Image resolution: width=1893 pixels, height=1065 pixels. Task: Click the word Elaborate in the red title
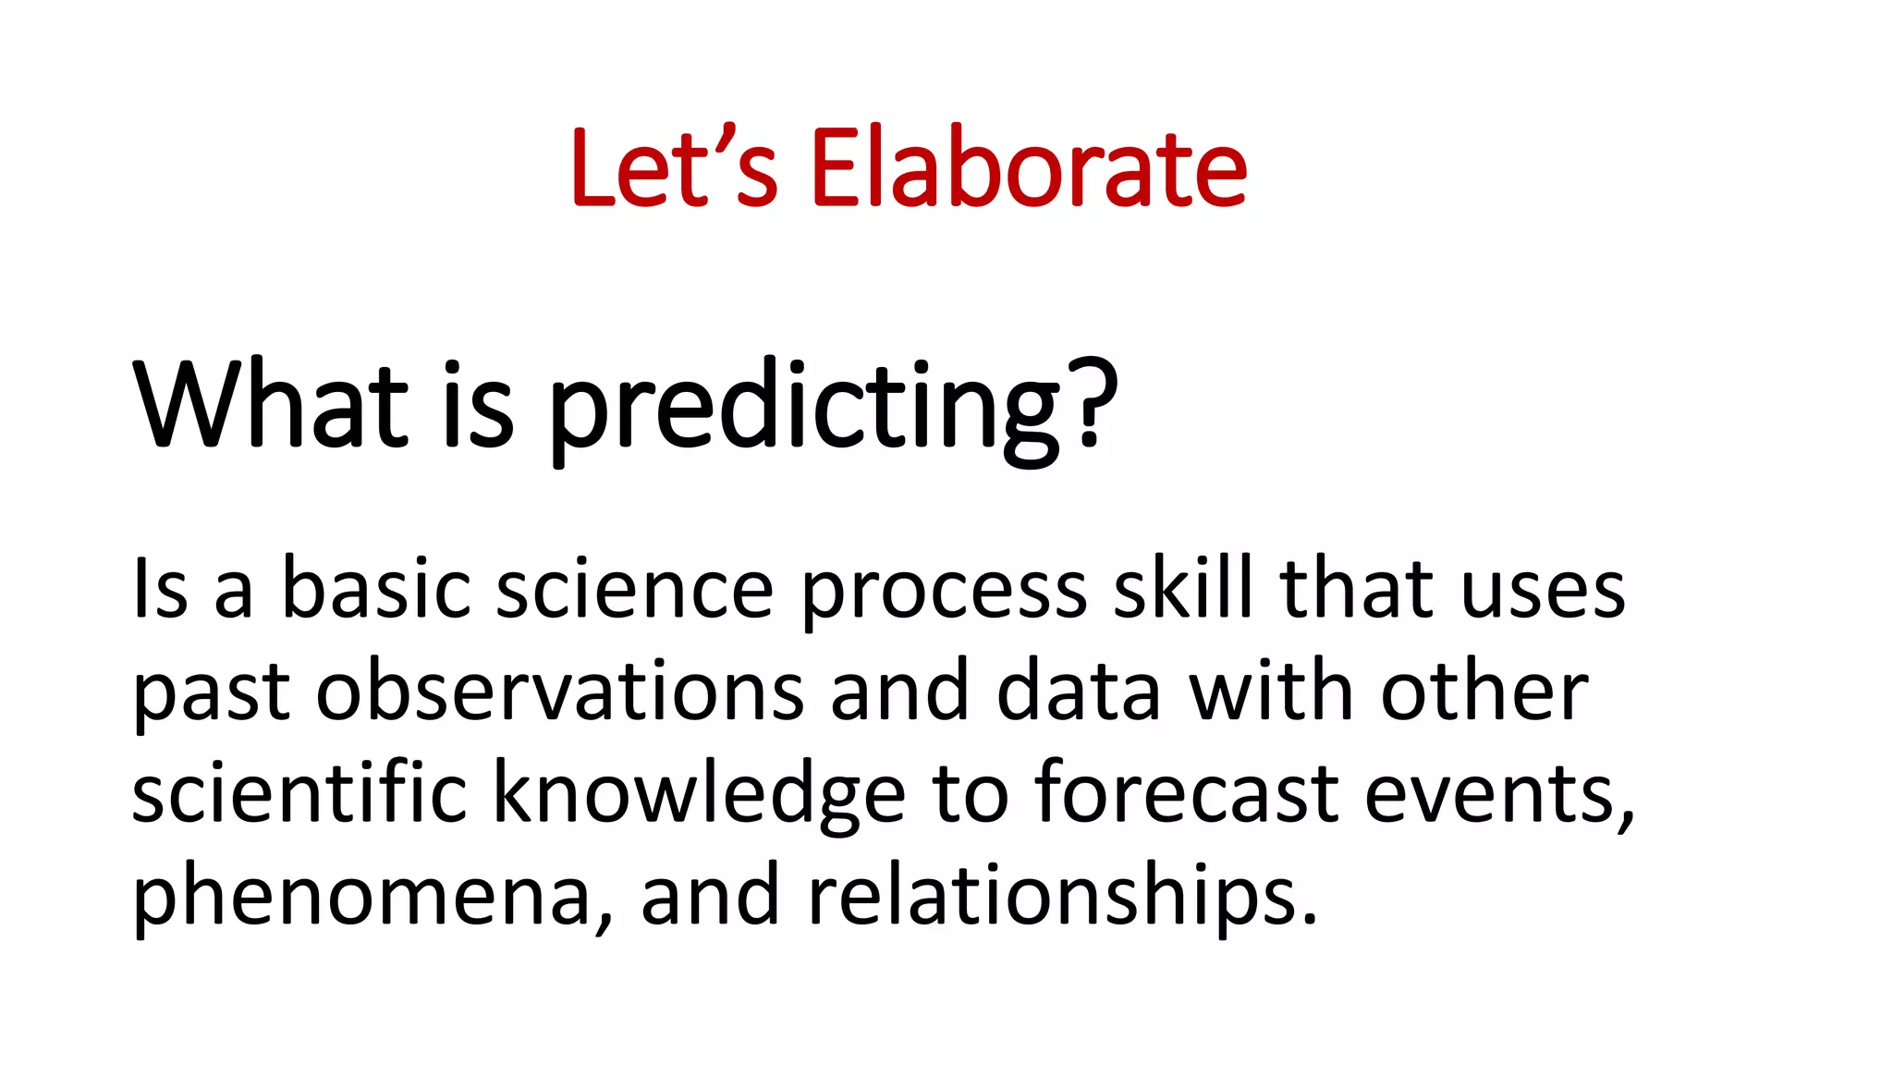click(1028, 168)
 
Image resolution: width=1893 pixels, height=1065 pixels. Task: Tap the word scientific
click(299, 792)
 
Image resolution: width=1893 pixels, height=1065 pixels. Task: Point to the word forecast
click(1186, 792)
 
